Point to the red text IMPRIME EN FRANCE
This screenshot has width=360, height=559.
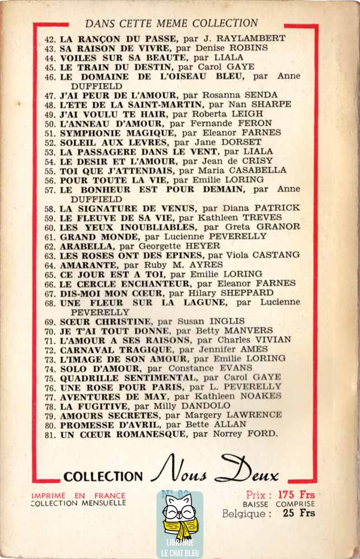(x=79, y=495)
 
